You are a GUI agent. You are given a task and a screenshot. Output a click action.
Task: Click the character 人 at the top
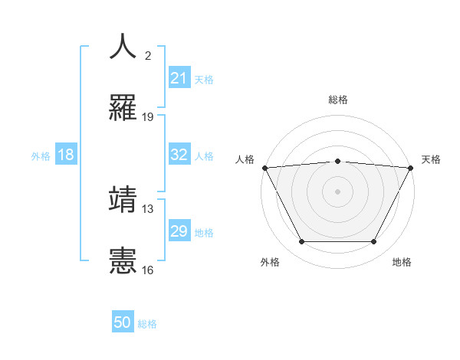(x=123, y=47)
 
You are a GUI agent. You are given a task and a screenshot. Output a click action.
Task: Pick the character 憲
(x=123, y=260)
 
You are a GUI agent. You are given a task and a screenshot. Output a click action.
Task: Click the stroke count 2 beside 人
(x=148, y=57)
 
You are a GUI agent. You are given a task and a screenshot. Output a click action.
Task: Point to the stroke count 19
(x=148, y=117)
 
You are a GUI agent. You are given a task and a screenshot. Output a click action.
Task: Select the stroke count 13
(x=148, y=208)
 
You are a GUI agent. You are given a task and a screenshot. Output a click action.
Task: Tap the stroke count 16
(x=148, y=270)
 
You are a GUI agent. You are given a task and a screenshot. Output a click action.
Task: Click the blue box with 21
(x=179, y=78)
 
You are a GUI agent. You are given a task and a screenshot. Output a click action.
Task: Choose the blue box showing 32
(x=179, y=155)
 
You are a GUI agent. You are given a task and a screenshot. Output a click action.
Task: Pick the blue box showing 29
(x=179, y=231)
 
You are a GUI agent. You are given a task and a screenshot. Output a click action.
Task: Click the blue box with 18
(x=66, y=155)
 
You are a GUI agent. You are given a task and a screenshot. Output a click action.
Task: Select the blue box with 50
(x=123, y=322)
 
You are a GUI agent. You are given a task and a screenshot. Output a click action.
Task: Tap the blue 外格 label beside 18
(x=41, y=155)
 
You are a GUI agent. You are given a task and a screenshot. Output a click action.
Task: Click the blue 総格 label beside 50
(x=147, y=324)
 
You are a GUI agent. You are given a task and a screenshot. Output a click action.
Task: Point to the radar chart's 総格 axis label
(x=337, y=100)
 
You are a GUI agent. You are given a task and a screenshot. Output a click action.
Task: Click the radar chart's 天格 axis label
(x=432, y=159)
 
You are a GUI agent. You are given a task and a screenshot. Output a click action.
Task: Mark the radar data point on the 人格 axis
(x=264, y=168)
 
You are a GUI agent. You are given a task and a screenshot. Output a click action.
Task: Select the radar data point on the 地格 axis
(x=374, y=242)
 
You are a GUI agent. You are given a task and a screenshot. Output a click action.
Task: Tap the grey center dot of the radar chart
(x=337, y=191)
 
